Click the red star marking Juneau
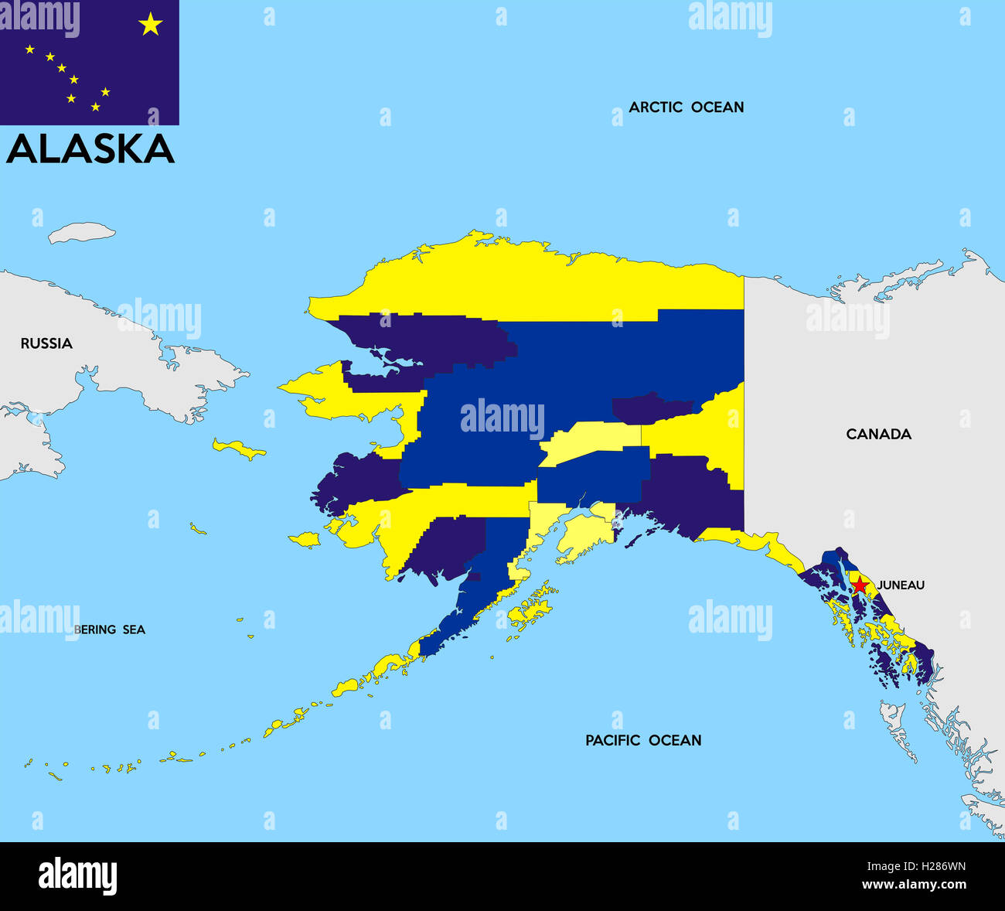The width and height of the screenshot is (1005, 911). click(x=860, y=585)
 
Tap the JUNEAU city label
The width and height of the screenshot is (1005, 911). click(x=901, y=585)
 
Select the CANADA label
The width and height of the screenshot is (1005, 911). click(x=878, y=434)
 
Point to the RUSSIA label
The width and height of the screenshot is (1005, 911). click(x=46, y=343)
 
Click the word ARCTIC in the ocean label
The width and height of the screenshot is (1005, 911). click(x=656, y=107)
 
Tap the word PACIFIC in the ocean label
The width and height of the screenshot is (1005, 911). click(x=613, y=740)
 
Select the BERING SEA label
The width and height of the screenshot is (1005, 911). click(x=110, y=630)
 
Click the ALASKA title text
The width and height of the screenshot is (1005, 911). click(x=90, y=148)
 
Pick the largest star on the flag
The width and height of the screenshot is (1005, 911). click(x=150, y=25)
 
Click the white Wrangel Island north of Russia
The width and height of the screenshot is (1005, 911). click(x=82, y=232)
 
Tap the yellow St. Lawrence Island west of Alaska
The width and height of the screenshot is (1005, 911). click(x=238, y=449)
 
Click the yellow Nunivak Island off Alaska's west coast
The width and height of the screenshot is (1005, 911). click(x=306, y=538)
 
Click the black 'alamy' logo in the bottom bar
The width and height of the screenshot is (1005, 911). click(x=77, y=875)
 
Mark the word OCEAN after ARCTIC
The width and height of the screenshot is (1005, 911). click(x=717, y=107)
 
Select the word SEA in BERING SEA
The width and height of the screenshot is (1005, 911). click(x=132, y=630)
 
